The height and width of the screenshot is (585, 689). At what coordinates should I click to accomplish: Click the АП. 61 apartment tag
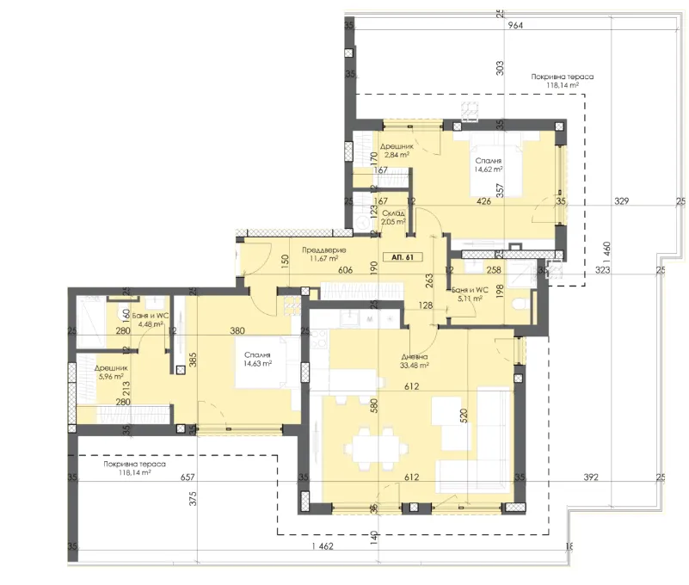(402, 257)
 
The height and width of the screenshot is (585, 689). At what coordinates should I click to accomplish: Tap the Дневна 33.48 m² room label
(415, 361)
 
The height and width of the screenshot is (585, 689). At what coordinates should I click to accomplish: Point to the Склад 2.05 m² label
(394, 217)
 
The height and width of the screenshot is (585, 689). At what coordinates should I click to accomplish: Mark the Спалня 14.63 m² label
(256, 359)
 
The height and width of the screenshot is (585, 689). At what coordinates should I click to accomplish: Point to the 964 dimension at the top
(515, 26)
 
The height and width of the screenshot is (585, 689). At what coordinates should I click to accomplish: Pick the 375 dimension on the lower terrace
(194, 496)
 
